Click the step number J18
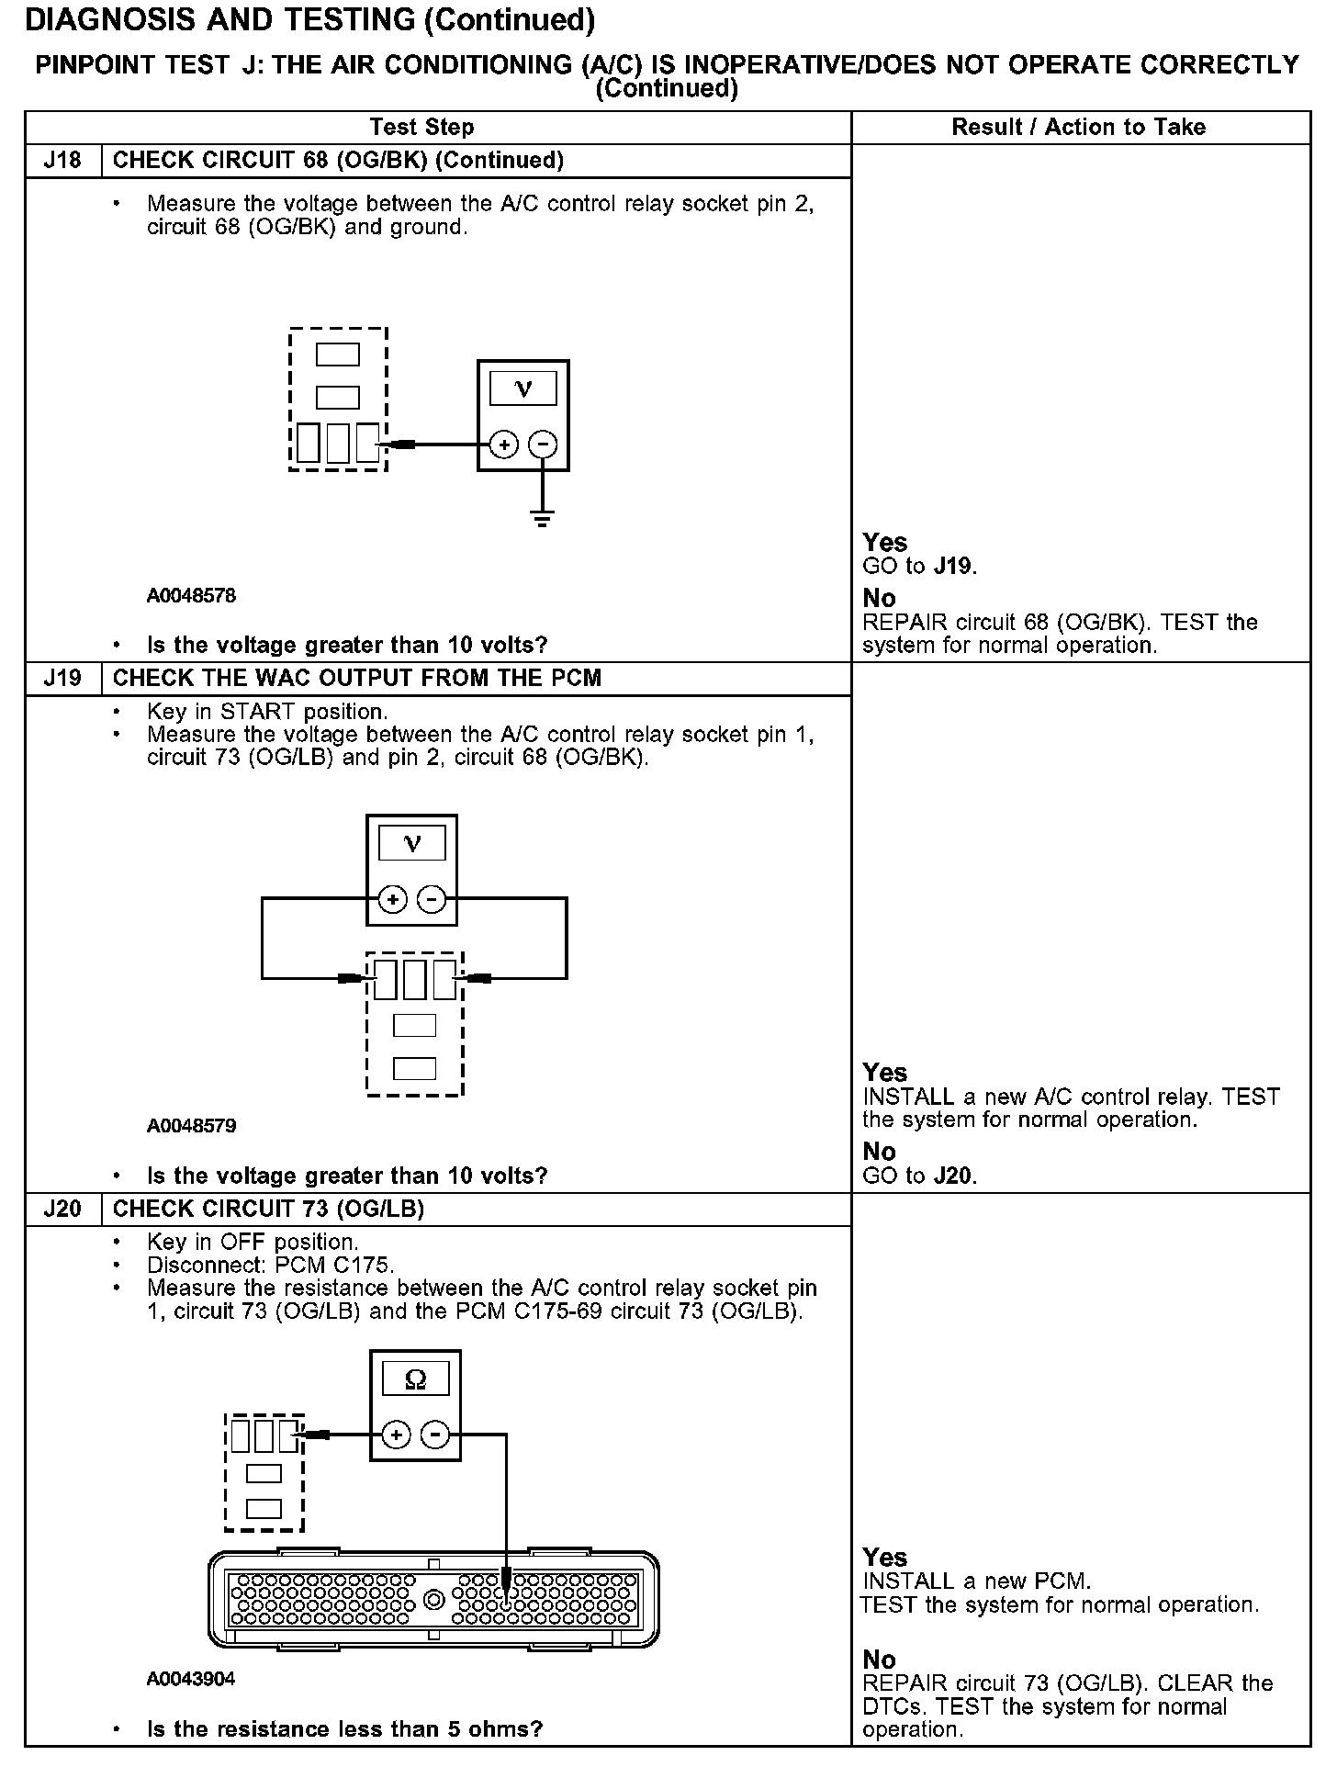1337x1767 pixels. point(62,161)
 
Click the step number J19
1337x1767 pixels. point(62,679)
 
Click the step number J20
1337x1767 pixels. point(62,1209)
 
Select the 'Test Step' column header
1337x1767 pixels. point(421,128)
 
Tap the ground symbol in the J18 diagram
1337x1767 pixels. point(543,519)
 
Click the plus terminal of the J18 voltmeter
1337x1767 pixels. point(503,445)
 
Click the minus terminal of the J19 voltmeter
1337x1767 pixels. point(432,899)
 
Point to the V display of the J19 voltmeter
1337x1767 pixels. point(412,844)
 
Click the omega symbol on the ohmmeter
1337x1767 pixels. point(415,1379)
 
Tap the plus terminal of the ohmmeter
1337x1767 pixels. point(396,1435)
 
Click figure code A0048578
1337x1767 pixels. point(191,596)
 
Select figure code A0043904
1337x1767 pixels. point(191,1679)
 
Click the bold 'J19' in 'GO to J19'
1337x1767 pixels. point(954,567)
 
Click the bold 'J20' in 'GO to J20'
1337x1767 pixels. point(954,1176)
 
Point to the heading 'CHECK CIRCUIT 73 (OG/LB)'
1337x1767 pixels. point(268,1209)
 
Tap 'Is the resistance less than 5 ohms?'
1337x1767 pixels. point(344,1729)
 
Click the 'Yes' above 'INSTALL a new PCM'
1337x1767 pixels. point(884,1558)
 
